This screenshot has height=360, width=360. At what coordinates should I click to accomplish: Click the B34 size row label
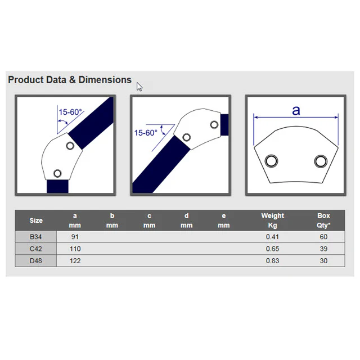point(36,237)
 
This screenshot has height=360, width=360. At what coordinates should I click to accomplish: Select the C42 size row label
point(36,249)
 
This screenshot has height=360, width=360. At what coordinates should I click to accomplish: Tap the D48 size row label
point(36,261)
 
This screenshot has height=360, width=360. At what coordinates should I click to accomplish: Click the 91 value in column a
point(75,237)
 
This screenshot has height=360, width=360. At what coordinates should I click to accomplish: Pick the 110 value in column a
point(75,249)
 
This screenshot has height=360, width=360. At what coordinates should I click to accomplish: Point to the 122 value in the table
point(75,261)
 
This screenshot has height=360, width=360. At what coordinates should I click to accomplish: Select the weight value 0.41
point(272,237)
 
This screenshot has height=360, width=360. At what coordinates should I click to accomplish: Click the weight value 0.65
point(272,249)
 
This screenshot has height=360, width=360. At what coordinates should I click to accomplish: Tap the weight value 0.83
point(272,261)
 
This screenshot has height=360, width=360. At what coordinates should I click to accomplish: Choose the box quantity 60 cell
point(323,237)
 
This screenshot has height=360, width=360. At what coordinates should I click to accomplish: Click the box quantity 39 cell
point(323,249)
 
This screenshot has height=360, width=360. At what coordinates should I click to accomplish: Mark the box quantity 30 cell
point(323,261)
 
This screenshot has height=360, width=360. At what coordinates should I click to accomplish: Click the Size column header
point(36,220)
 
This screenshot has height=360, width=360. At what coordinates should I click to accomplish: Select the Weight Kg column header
point(272,220)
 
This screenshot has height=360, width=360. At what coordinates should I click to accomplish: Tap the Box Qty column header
point(323,220)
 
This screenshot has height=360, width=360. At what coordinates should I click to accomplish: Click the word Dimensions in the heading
point(105,80)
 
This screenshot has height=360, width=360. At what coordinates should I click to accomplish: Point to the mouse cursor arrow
point(139,87)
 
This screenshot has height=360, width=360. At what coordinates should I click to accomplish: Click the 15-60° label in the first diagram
point(70,112)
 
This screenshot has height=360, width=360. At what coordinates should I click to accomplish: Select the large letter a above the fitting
point(296,110)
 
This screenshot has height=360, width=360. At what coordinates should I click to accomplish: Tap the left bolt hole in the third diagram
point(271,161)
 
